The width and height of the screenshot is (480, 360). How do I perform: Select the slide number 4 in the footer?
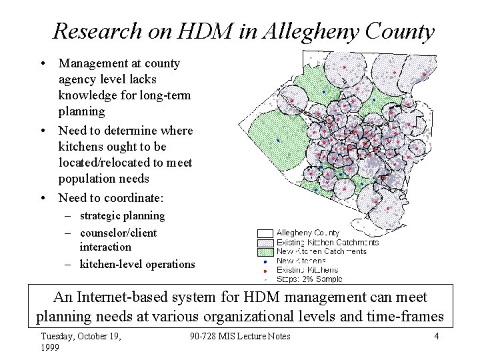coord(436,336)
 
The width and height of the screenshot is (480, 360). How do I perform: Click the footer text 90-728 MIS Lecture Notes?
coord(240,336)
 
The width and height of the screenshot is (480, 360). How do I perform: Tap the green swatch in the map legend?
coord(265,251)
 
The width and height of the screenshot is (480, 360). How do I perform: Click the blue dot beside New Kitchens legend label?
coord(265,261)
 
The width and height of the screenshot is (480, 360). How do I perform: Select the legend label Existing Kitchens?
coord(307,270)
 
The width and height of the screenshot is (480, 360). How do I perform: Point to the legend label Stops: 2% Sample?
coord(309,279)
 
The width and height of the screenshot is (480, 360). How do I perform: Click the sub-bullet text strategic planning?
coord(122,215)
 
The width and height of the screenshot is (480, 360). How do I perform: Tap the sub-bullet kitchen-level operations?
coord(137,264)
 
